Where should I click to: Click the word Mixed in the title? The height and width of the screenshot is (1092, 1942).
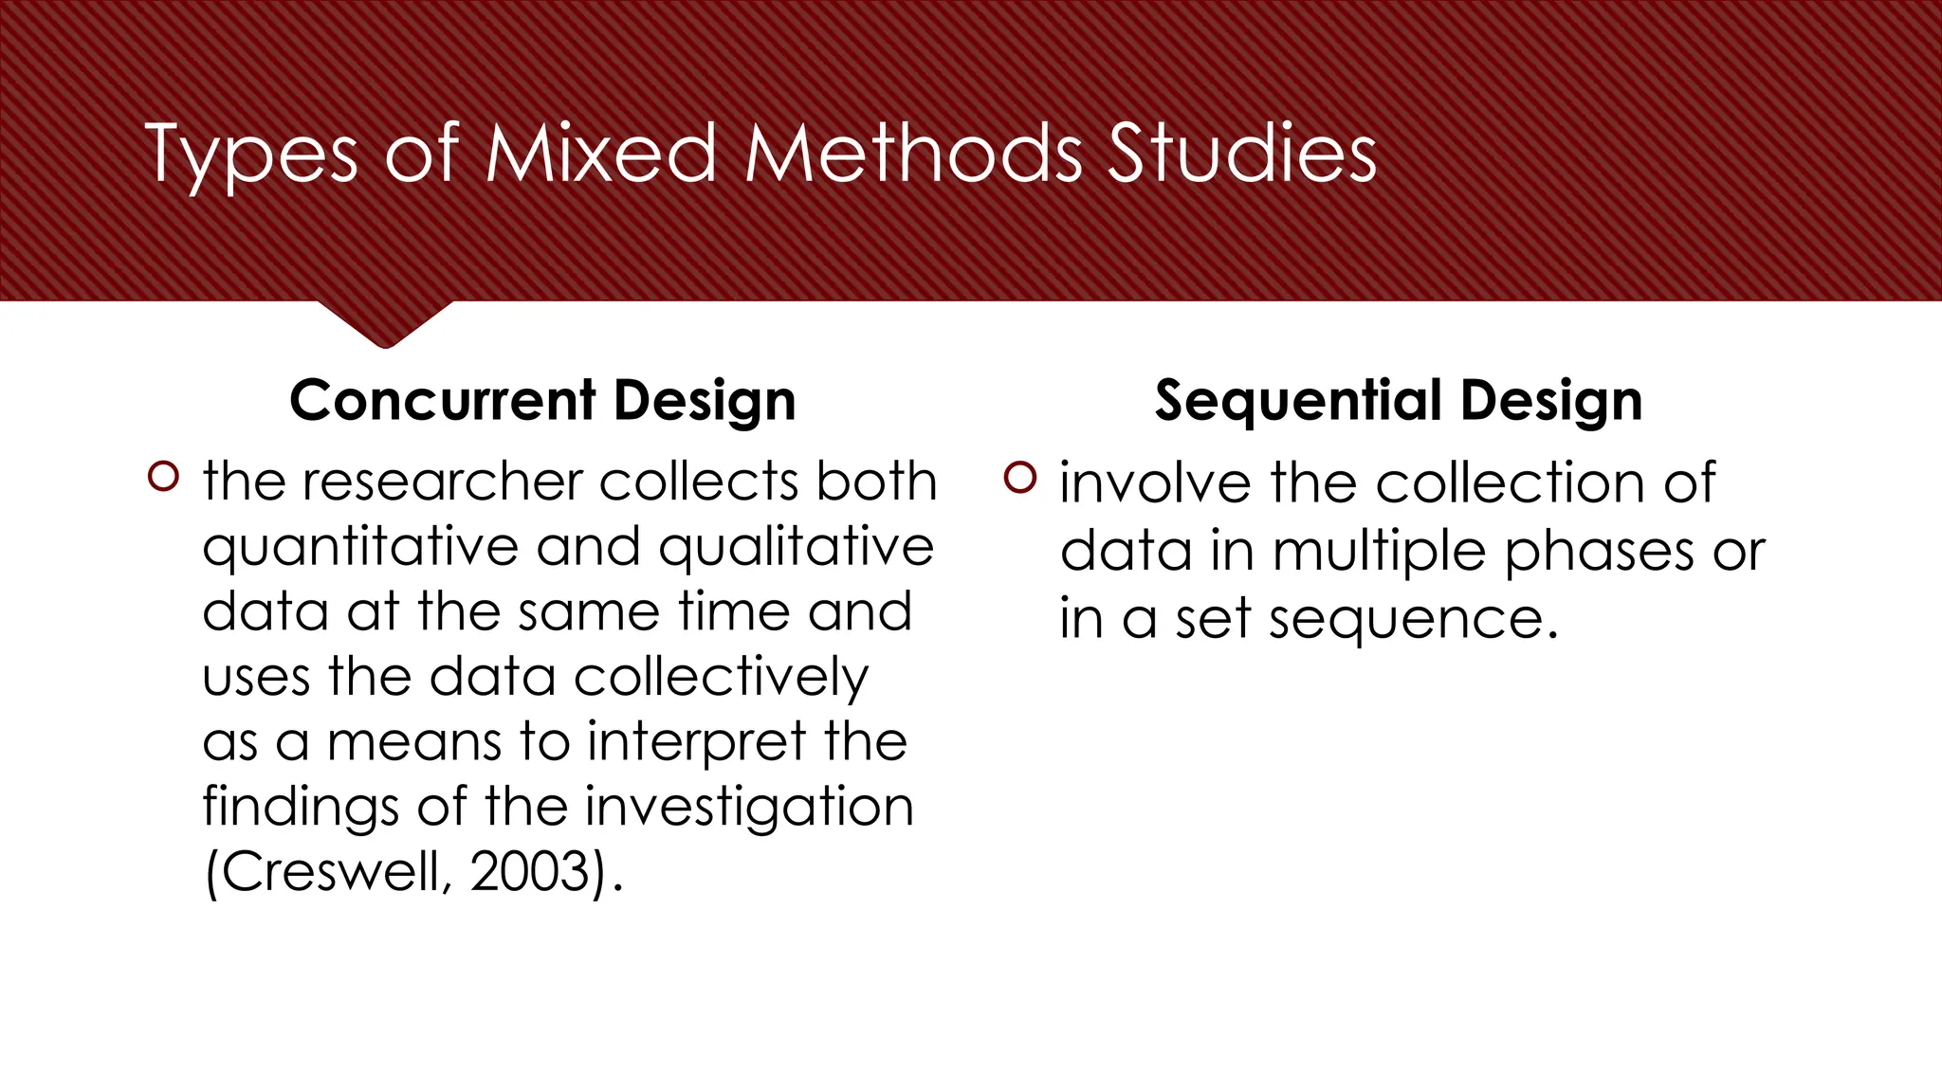[601, 154]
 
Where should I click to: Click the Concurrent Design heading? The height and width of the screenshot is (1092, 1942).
[542, 400]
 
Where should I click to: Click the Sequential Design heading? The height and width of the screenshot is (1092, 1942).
[1398, 400]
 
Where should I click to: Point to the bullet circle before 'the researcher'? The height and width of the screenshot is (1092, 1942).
[163, 476]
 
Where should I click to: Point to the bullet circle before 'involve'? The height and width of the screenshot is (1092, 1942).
[1020, 477]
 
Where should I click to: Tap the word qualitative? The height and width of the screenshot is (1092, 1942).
[797, 549]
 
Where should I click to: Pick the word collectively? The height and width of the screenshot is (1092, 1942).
[721, 678]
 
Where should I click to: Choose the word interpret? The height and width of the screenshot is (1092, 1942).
[697, 742]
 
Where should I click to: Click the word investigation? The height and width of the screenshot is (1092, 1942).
[749, 808]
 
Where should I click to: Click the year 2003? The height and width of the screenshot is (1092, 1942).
[531, 872]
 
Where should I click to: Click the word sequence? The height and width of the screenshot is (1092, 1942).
[1413, 621]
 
